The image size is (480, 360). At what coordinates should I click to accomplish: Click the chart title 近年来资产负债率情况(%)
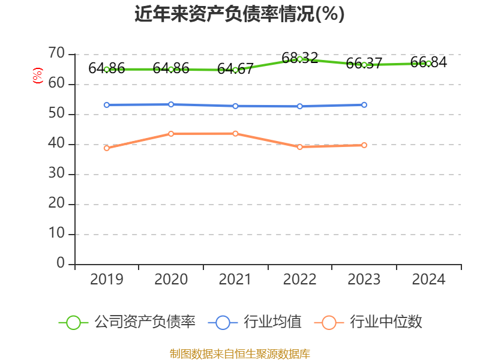(239, 14)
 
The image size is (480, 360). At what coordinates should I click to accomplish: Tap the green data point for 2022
(299, 59)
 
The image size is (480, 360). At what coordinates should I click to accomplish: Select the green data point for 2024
(428, 63)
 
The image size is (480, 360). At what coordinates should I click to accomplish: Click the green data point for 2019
(107, 69)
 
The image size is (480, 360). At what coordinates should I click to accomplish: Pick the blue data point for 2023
(364, 105)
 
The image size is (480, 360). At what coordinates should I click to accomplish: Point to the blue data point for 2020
(171, 104)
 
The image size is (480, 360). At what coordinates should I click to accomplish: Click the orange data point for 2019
(107, 148)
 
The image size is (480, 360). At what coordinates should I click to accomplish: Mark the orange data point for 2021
(235, 133)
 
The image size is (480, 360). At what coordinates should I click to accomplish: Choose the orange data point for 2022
(299, 146)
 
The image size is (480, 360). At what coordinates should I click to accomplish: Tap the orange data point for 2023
(364, 145)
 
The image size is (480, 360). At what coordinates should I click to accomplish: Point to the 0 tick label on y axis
(61, 263)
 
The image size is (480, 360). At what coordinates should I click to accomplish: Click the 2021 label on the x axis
(235, 280)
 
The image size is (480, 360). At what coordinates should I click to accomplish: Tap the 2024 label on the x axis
(428, 280)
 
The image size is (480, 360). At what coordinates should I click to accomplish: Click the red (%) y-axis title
(38, 76)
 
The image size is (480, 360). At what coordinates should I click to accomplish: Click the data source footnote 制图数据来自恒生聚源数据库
(239, 353)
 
